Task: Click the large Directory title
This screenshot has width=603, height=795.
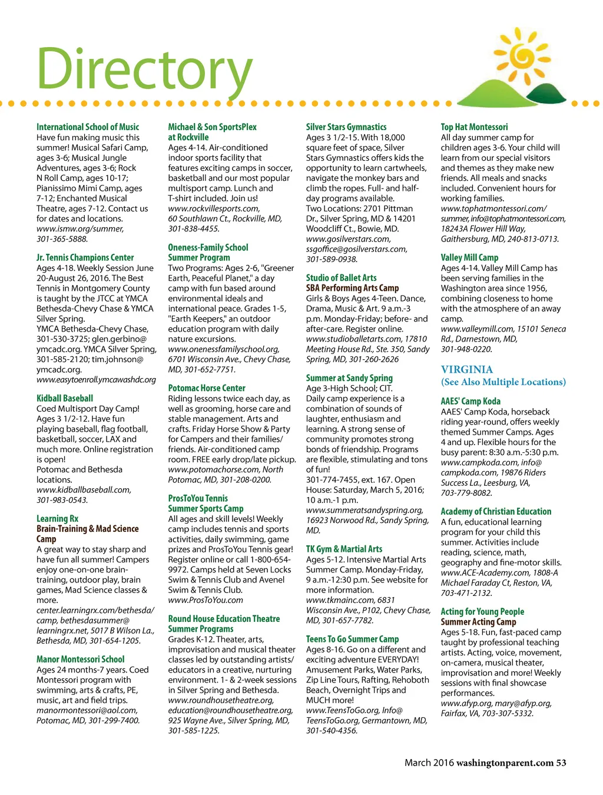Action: (x=144, y=69)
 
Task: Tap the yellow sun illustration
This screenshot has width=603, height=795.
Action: (x=522, y=56)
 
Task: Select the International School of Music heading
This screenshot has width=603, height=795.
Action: (x=88, y=127)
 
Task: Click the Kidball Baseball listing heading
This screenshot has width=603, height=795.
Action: (x=65, y=398)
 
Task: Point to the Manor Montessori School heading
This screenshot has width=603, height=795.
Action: (x=81, y=659)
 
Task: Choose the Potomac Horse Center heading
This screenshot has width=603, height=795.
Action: (x=207, y=388)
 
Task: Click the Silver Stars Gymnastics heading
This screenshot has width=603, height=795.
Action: (x=346, y=127)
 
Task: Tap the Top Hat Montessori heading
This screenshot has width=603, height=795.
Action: (x=474, y=127)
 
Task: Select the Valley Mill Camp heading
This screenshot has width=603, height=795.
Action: (x=469, y=257)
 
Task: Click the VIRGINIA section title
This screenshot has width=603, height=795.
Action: (x=467, y=369)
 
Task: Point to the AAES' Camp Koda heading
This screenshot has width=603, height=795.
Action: (x=471, y=401)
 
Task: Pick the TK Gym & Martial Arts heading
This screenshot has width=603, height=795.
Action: (x=344, y=549)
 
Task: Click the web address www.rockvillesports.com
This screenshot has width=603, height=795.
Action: (x=214, y=208)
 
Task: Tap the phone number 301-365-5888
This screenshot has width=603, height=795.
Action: (x=62, y=239)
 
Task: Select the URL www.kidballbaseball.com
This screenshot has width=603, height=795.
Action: (x=84, y=490)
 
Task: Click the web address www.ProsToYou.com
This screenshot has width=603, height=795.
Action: (x=206, y=600)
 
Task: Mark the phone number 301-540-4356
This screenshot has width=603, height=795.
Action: (x=332, y=731)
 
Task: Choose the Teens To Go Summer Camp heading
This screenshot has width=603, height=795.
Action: (x=352, y=639)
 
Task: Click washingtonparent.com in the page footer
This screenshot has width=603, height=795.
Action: (x=505, y=763)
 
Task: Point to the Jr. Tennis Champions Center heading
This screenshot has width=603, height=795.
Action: (x=85, y=257)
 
